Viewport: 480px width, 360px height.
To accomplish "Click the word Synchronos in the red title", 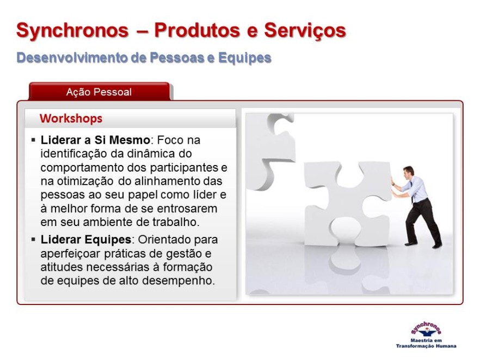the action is (72, 30).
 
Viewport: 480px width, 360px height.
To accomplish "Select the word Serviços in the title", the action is (305, 31).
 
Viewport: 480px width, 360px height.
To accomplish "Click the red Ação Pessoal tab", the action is (99, 91).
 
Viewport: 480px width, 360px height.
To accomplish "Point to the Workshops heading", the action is (71, 119).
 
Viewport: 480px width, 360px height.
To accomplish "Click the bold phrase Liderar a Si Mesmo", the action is (95, 140).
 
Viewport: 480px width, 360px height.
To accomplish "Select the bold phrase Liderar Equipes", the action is (86, 239).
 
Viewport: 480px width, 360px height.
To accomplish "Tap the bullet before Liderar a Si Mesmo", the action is (33, 141).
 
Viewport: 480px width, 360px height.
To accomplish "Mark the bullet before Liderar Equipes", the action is (33, 239).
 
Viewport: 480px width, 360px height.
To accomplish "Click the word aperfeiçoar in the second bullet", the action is (70, 254).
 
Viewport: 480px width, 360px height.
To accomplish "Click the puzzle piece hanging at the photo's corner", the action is (270, 151).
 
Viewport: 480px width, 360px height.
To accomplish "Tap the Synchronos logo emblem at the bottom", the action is (426, 330).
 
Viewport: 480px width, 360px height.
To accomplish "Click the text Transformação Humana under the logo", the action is (426, 346).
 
